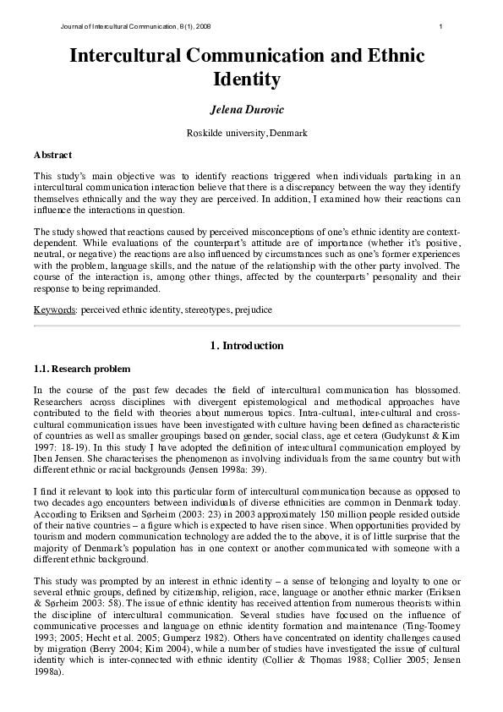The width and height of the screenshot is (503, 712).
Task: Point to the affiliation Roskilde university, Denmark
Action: (x=247, y=134)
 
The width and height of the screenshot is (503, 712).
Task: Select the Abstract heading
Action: (x=52, y=156)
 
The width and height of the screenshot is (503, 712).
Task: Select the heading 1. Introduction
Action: (x=247, y=345)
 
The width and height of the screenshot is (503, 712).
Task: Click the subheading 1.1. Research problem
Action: (x=82, y=369)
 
